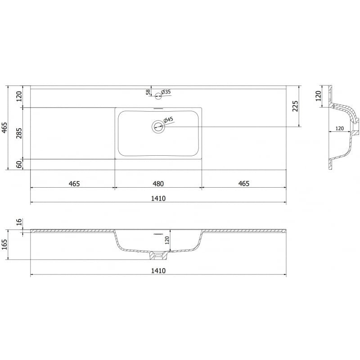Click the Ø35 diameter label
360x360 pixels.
point(166,92)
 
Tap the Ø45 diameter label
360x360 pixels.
point(168,120)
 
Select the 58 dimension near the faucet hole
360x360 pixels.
point(148,92)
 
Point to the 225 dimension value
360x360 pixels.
point(295,106)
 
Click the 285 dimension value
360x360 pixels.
point(19,133)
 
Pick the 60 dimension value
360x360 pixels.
point(19,164)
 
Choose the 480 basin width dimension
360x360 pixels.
point(157,184)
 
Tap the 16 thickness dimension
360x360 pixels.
point(19,222)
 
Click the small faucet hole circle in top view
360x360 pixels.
point(158,95)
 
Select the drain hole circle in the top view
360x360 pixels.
point(158,127)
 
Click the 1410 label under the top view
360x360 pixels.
point(157,198)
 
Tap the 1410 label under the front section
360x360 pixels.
point(157,270)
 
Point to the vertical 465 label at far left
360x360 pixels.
point(5,128)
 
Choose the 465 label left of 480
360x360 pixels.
point(74,184)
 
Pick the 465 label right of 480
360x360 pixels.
point(243,184)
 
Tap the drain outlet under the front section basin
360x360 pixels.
point(157,256)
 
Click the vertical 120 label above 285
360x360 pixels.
point(19,96)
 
